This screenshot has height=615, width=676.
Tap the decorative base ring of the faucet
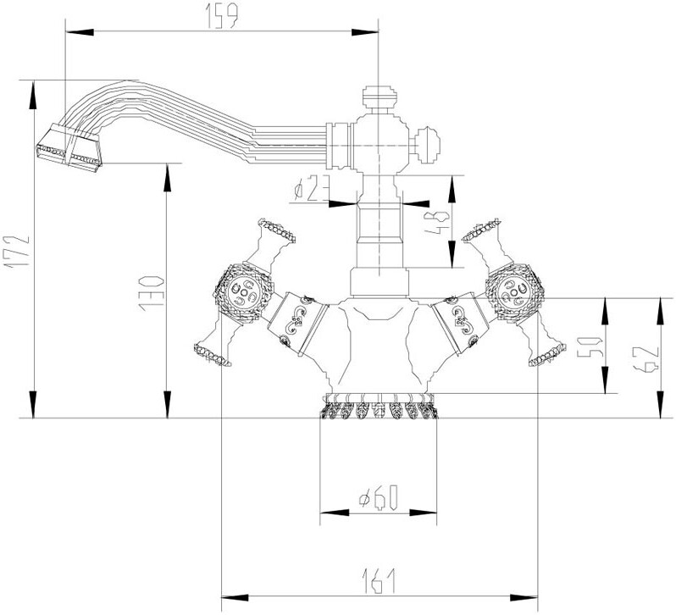pos(378,408)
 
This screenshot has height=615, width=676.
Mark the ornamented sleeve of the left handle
pos(296,321)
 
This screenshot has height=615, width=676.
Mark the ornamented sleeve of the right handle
pos(463,321)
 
